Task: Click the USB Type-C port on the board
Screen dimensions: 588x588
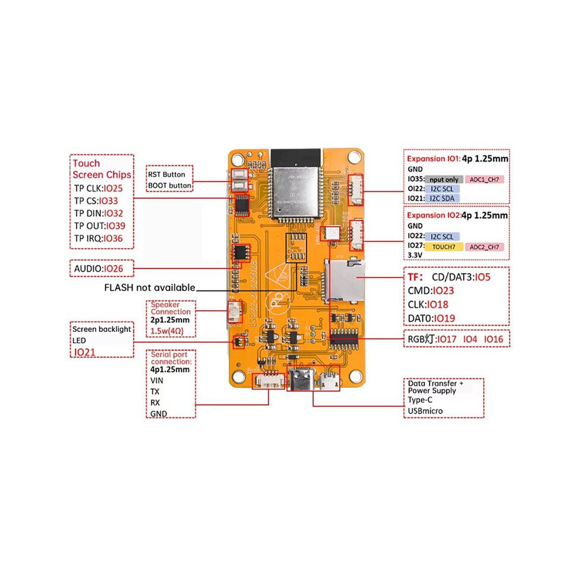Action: click(301, 380)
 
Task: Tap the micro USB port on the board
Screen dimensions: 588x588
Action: click(329, 380)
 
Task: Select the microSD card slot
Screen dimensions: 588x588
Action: click(344, 281)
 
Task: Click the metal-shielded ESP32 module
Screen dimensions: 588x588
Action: click(296, 192)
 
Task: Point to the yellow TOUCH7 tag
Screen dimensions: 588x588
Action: click(444, 246)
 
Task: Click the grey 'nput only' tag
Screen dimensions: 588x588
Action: click(444, 179)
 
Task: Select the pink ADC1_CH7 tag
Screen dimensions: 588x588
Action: click(485, 179)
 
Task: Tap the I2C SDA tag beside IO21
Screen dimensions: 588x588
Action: click(442, 198)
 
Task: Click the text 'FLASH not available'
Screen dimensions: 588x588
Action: click(150, 287)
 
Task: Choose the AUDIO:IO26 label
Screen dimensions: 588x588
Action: click(99, 268)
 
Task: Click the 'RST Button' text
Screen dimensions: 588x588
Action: click(166, 175)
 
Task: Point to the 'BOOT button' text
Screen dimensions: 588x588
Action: click(169, 186)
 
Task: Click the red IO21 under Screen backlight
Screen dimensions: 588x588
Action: click(84, 352)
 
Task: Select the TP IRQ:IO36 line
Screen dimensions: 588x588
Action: click(98, 238)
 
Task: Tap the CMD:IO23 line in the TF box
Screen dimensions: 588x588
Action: click(431, 290)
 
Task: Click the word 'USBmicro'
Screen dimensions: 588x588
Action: click(425, 411)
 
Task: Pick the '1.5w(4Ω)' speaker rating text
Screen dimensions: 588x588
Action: click(167, 331)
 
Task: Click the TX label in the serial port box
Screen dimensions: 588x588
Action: click(155, 391)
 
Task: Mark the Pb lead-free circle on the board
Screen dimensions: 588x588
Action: click(278, 301)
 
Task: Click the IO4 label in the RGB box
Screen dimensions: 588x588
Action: click(470, 339)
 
